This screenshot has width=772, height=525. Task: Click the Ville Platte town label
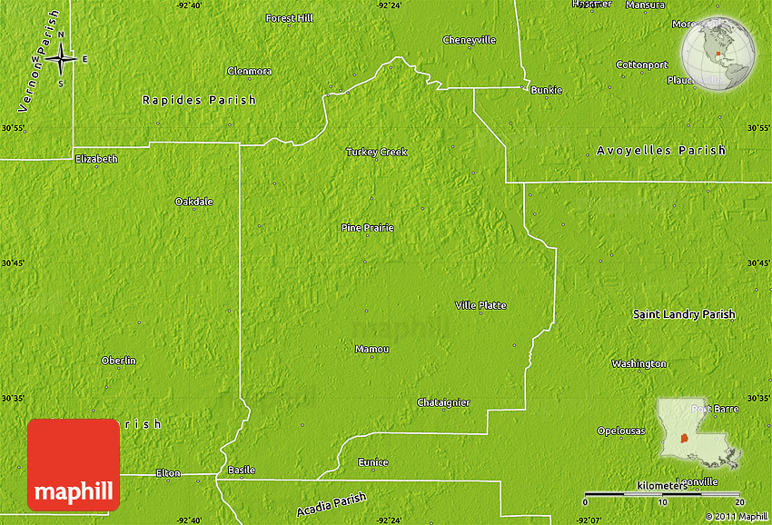pos(480,305)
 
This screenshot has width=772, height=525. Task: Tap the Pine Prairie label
pos(367,227)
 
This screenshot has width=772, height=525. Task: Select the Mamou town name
pos(371,349)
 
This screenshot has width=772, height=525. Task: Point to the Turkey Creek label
pos(376,152)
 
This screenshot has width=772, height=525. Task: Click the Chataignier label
pos(443,402)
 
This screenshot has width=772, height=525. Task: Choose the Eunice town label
pos(372,462)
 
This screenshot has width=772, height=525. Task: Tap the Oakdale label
pos(193,201)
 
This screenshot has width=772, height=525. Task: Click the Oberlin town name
pos(118,361)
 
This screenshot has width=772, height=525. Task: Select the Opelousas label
pos(620,431)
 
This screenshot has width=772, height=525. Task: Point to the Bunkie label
pos(546,90)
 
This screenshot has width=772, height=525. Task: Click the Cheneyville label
pos(469,40)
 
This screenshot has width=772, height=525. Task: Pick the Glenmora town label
pos(249,71)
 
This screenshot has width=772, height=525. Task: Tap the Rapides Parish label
pos(199,100)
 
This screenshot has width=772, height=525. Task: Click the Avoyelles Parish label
pos(661,150)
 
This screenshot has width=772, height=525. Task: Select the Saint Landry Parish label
pos(683,314)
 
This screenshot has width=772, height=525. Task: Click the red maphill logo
pos(74,464)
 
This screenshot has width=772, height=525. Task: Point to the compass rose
pos(61,60)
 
